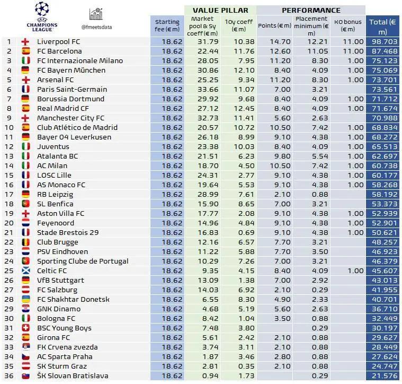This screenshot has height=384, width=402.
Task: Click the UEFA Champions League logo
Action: pyautogui.click(x=41, y=16)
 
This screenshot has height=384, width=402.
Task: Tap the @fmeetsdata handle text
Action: pyautogui.click(x=96, y=27)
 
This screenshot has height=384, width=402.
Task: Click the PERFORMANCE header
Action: pyautogui.click(x=311, y=10)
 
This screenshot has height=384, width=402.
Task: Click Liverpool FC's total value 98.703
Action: pyautogui.click(x=383, y=41)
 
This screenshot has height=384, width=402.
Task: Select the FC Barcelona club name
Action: pyautogui.click(x=59, y=51)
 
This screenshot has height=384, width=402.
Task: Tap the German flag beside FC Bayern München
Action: pyautogui.click(x=25, y=70)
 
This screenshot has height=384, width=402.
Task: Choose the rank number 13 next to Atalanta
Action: pyautogui.click(x=9, y=156)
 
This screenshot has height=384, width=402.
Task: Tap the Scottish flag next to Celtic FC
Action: pyautogui.click(x=25, y=270)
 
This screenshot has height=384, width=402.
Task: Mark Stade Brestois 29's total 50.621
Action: pyautogui.click(x=383, y=232)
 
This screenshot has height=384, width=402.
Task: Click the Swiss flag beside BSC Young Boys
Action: pyautogui.click(x=25, y=328)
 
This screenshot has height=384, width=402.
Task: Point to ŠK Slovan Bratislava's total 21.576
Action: pyautogui.click(x=383, y=376)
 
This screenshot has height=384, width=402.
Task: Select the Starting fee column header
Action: pyautogui.click(x=167, y=25)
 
